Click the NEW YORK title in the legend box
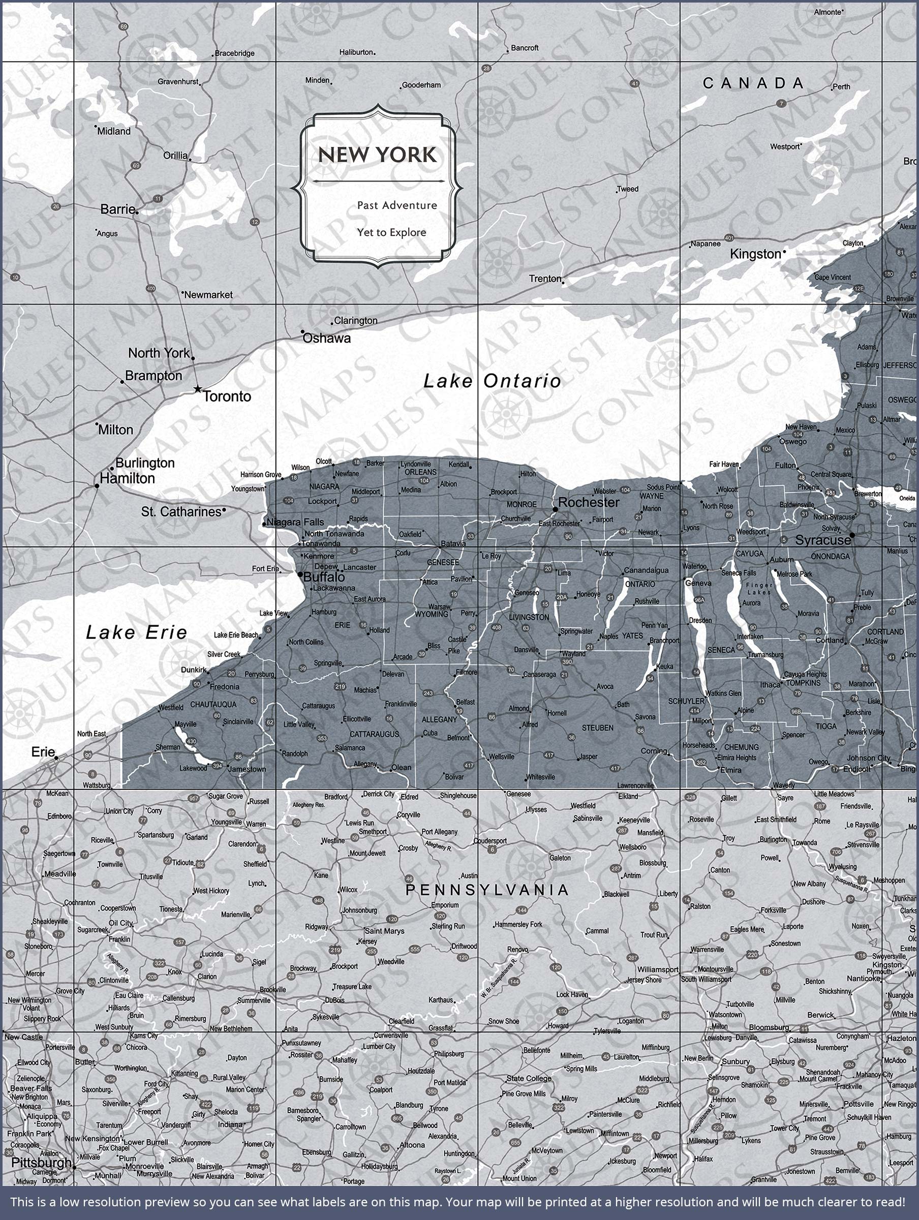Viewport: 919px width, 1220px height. (377, 155)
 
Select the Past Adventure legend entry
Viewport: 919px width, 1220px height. (396, 205)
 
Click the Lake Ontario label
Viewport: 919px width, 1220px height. (492, 381)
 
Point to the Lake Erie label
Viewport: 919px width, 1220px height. (136, 632)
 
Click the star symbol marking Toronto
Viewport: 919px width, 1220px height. (198, 389)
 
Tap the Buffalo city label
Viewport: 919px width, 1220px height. (324, 577)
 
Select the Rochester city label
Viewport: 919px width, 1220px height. (589, 502)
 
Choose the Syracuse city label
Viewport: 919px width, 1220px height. (822, 540)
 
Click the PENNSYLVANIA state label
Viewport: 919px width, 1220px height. (487, 890)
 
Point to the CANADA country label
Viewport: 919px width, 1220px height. (753, 83)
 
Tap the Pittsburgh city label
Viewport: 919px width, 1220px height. (41, 1162)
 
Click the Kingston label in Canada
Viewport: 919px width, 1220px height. (755, 254)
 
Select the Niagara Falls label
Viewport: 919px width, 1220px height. (295, 522)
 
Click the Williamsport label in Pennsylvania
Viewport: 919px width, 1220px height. (658, 969)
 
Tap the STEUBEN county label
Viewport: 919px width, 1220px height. (597, 728)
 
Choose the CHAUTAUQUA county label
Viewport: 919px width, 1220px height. (213, 705)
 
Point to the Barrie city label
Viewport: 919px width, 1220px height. (117, 209)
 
